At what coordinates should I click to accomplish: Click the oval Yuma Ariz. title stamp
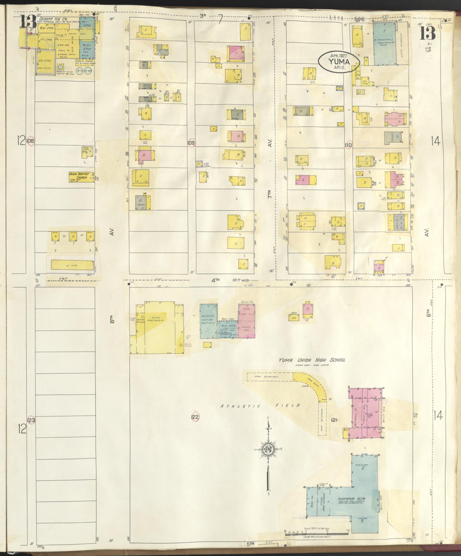tap(339, 63)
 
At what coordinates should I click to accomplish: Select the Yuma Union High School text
tap(312, 360)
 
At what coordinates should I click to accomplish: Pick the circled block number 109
tap(191, 143)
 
